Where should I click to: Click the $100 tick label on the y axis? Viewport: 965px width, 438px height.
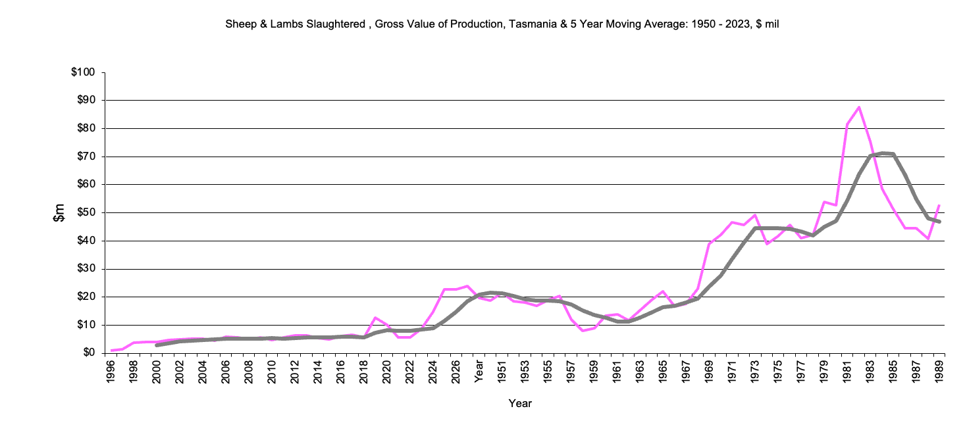point(84,72)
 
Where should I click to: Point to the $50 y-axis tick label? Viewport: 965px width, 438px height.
point(86,212)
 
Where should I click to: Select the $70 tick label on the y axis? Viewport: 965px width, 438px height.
point(86,157)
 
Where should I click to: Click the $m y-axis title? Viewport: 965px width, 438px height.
point(59,212)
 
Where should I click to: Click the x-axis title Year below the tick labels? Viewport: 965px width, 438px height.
point(520,403)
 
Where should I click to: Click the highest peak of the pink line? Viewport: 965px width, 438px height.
point(859,107)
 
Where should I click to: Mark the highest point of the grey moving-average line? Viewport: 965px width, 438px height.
point(882,153)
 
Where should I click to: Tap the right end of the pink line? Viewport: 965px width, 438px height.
point(939,205)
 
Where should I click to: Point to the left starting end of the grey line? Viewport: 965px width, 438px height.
point(157,345)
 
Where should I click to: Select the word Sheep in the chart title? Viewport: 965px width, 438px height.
point(239,24)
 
